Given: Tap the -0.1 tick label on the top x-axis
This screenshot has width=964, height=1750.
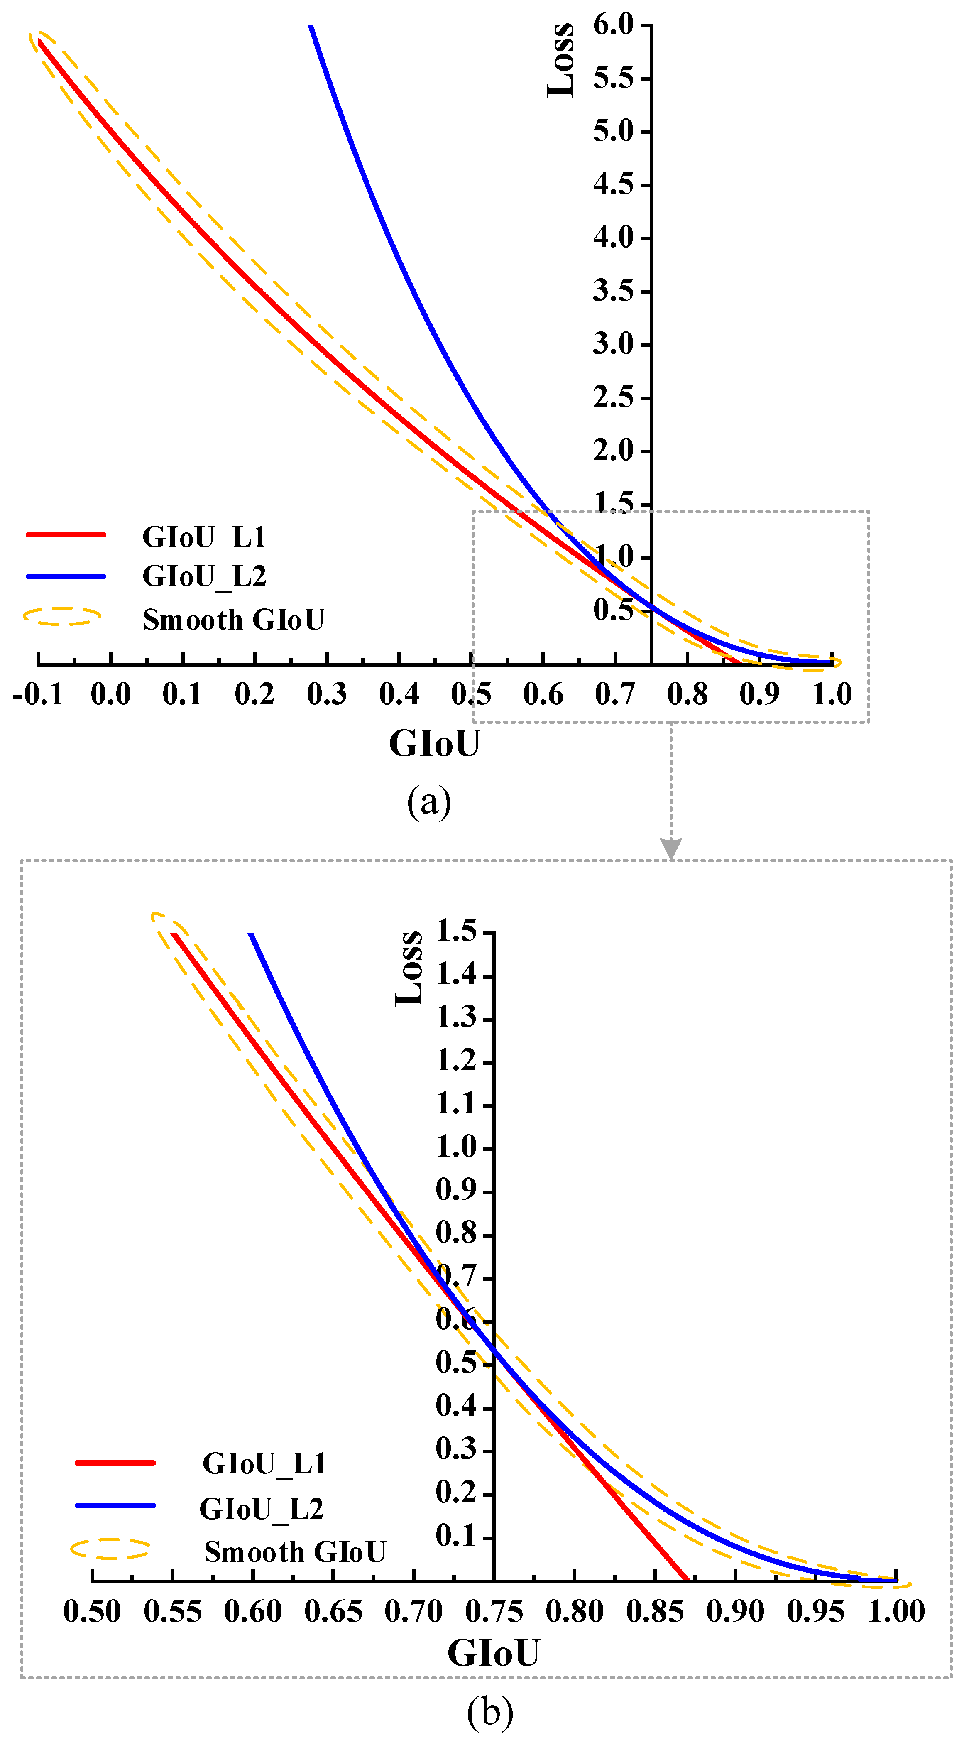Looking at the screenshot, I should pos(38,694).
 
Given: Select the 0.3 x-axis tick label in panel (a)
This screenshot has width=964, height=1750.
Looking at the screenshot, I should pos(327,694).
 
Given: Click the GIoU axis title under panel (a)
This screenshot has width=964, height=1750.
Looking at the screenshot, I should pos(434,743).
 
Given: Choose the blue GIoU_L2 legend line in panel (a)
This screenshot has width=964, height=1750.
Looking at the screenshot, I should pos(66,577).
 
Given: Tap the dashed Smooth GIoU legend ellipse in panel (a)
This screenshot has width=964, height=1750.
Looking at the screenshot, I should pos(63,616).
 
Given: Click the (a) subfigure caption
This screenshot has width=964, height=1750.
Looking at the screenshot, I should pos(429,802).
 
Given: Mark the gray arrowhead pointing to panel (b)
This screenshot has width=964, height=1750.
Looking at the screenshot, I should pos(671,848).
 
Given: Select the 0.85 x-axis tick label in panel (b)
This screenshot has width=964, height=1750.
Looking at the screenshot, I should pos(655,1611).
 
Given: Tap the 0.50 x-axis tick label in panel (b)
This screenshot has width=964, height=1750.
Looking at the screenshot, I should pos(93,1611).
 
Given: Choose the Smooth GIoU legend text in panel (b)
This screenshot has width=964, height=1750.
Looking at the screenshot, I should pos(295,1552).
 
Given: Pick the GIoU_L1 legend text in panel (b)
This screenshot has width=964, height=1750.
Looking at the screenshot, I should pos(264,1464).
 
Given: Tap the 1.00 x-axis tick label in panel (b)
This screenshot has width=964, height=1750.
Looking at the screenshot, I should pos(896,1611).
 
